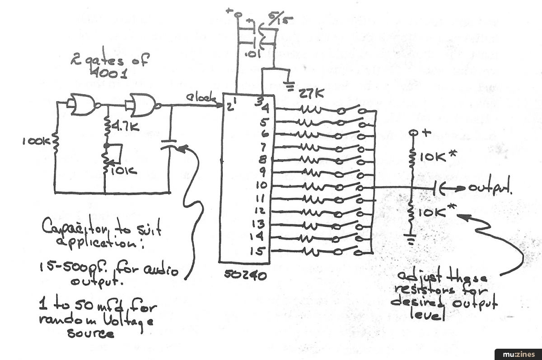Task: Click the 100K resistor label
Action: click(35, 142)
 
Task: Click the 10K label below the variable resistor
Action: click(122, 171)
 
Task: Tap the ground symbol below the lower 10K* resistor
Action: click(411, 240)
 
